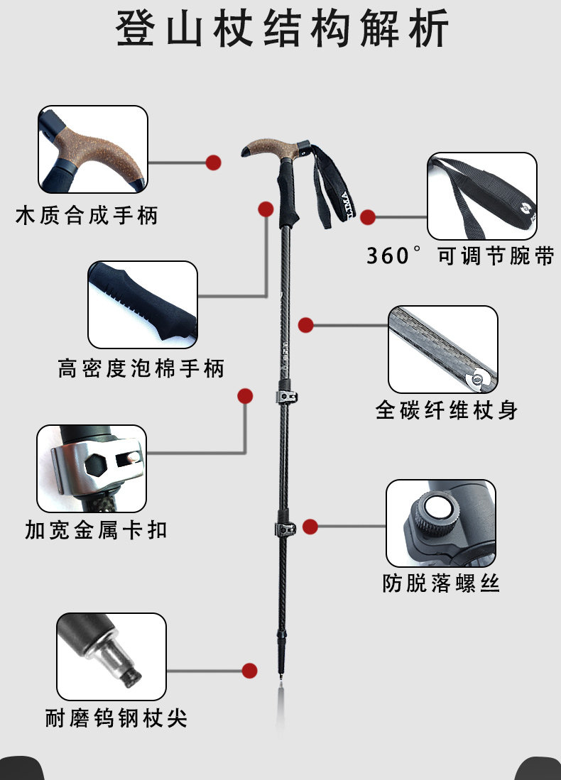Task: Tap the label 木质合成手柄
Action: tap(87, 215)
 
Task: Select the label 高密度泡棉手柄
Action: tap(141, 368)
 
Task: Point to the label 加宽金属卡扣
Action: tap(96, 529)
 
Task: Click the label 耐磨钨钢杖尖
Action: tap(116, 718)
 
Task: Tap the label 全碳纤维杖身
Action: tap(447, 410)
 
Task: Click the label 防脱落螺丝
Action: tap(441, 583)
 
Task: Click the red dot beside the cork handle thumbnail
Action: tap(213, 163)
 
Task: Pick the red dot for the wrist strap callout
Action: tap(368, 217)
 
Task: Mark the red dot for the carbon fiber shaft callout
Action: tap(305, 325)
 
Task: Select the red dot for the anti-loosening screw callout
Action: tap(310, 527)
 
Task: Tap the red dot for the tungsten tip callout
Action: tap(249, 670)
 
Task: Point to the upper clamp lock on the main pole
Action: tap(286, 395)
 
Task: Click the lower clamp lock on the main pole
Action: tap(285, 528)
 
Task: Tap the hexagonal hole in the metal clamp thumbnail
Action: tap(94, 465)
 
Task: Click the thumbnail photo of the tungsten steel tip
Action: tap(111, 657)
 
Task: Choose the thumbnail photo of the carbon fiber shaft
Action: tap(442, 349)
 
